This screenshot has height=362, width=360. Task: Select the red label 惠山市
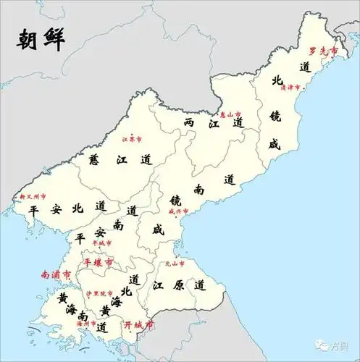(230, 114)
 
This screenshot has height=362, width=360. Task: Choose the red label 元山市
(176, 264)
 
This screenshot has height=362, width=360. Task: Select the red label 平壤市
(98, 261)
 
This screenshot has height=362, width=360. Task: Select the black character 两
(190, 122)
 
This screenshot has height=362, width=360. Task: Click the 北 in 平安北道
(78, 209)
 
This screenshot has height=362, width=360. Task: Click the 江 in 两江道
(214, 124)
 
